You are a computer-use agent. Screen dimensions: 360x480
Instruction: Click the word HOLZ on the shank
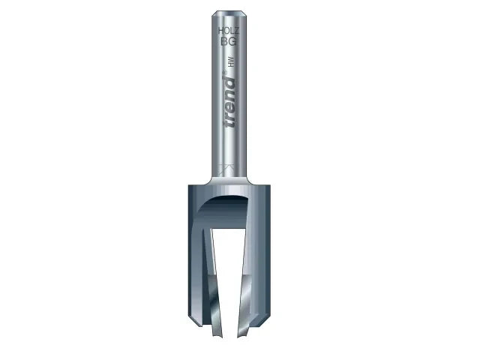tap(228, 31)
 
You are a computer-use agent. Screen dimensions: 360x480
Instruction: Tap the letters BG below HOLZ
tap(228, 43)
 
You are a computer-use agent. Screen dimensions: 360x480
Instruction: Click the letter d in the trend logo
tap(228, 83)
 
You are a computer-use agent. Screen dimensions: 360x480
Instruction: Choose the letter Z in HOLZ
tap(235, 31)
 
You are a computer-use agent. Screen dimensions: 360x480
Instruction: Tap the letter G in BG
tap(232, 43)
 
